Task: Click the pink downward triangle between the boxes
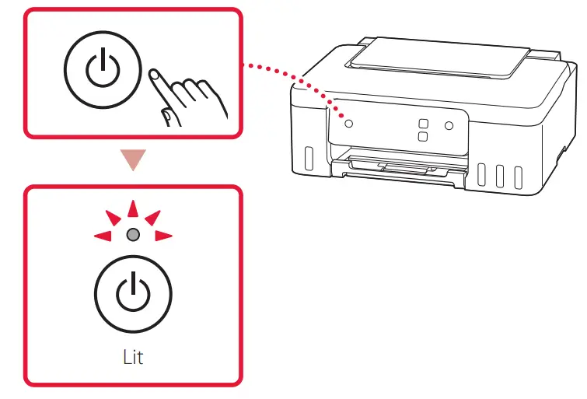coord(134,160)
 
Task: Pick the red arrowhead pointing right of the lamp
coord(162,235)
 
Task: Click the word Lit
coord(133,359)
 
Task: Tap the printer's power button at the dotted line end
coord(348,123)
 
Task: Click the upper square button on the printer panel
coord(423,123)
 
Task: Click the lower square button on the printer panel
coord(423,137)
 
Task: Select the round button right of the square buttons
coord(449,125)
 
